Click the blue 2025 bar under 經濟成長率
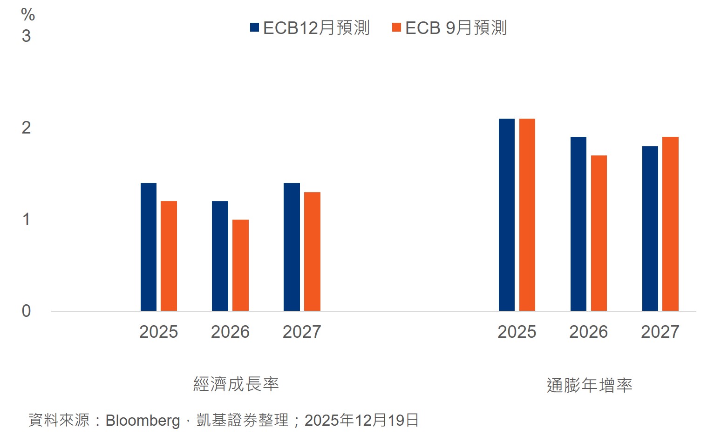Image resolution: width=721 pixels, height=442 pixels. click(149, 247)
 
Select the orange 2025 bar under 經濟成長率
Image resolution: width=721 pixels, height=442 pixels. click(169, 256)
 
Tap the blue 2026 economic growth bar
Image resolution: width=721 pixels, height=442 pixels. click(220, 256)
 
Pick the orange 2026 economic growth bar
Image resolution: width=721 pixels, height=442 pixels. click(240, 265)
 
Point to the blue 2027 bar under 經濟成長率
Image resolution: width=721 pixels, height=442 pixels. click(292, 247)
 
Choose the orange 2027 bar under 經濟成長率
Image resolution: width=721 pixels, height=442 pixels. click(312, 251)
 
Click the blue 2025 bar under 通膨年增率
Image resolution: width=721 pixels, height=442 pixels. click(507, 214)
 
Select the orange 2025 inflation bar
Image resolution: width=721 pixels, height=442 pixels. click(527, 214)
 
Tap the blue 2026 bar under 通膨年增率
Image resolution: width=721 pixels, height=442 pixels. click(578, 224)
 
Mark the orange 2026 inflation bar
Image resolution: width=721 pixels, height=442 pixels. click(599, 233)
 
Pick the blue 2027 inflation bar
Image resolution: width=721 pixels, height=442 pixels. click(650, 228)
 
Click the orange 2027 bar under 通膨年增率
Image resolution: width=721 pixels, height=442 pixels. click(670, 224)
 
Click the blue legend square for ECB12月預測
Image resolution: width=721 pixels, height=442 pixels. click(254, 27)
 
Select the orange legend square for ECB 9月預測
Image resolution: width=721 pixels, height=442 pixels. click(396, 27)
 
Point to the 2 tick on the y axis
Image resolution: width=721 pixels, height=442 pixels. click(27, 127)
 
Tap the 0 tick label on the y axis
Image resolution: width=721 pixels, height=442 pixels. click(27, 311)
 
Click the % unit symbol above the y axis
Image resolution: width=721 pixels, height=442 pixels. click(28, 15)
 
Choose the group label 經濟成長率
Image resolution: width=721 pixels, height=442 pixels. click(236, 384)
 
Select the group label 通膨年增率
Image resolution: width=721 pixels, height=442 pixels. click(589, 385)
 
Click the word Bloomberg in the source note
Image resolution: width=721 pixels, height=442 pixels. click(143, 420)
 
